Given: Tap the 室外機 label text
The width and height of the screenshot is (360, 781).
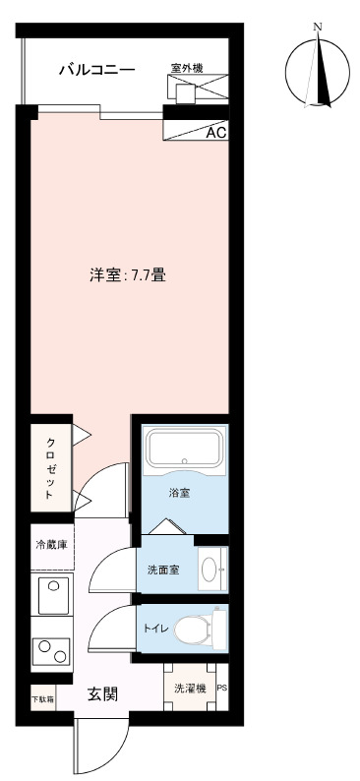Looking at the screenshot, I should point(187,68).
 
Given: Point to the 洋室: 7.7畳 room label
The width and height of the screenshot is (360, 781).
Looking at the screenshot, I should point(128,276).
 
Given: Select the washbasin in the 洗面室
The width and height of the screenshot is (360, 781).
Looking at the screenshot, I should point(210,569).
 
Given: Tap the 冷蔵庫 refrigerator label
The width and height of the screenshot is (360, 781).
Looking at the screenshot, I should point(51,545).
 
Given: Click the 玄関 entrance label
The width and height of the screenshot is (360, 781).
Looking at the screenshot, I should point(103,693).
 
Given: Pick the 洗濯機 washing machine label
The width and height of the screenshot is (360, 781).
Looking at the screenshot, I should point(190,689).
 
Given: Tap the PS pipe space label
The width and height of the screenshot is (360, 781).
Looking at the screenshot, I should point(221,689).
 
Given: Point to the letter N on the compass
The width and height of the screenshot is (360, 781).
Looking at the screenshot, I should point(316,28).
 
